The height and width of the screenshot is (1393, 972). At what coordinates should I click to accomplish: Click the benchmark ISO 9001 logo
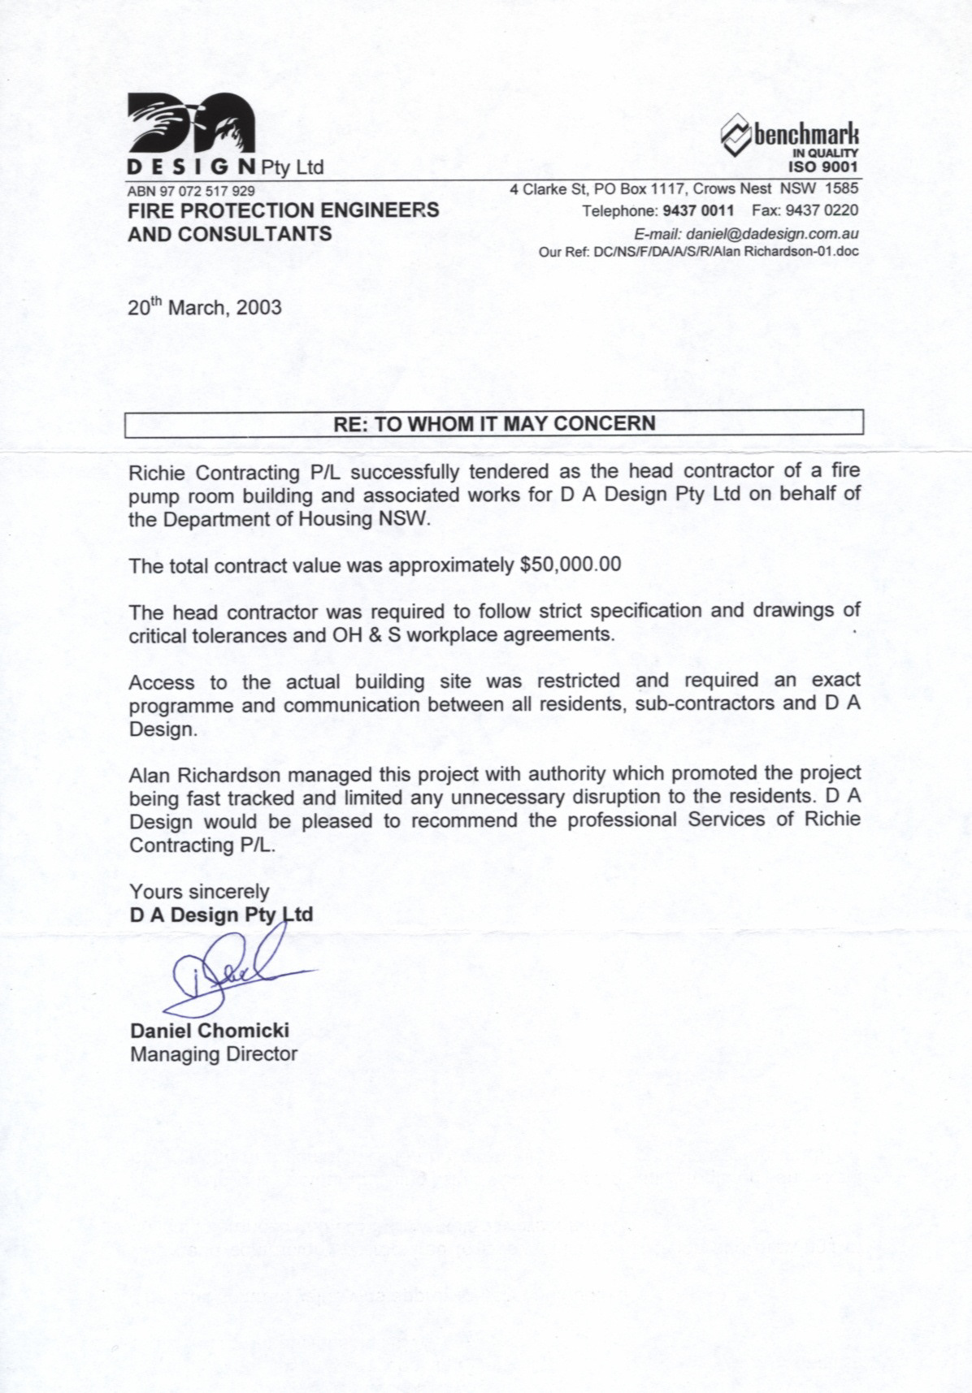[790, 141]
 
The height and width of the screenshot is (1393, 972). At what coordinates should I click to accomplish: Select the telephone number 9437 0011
[698, 211]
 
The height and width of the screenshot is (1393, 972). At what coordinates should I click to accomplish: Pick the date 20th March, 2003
[205, 308]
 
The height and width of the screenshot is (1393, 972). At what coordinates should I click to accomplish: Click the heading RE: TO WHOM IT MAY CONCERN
[493, 424]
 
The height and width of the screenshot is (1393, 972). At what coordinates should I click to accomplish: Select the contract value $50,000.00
[570, 565]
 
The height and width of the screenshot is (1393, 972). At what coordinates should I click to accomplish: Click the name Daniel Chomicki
[210, 1032]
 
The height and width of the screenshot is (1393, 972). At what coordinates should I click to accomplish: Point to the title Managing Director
[214, 1054]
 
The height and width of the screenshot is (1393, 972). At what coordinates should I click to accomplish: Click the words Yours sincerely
[199, 891]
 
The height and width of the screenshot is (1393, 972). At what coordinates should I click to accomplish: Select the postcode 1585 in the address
[842, 189]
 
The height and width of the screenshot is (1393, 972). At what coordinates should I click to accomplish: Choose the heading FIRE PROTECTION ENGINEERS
[284, 210]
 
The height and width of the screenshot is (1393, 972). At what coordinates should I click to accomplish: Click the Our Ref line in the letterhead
[698, 252]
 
